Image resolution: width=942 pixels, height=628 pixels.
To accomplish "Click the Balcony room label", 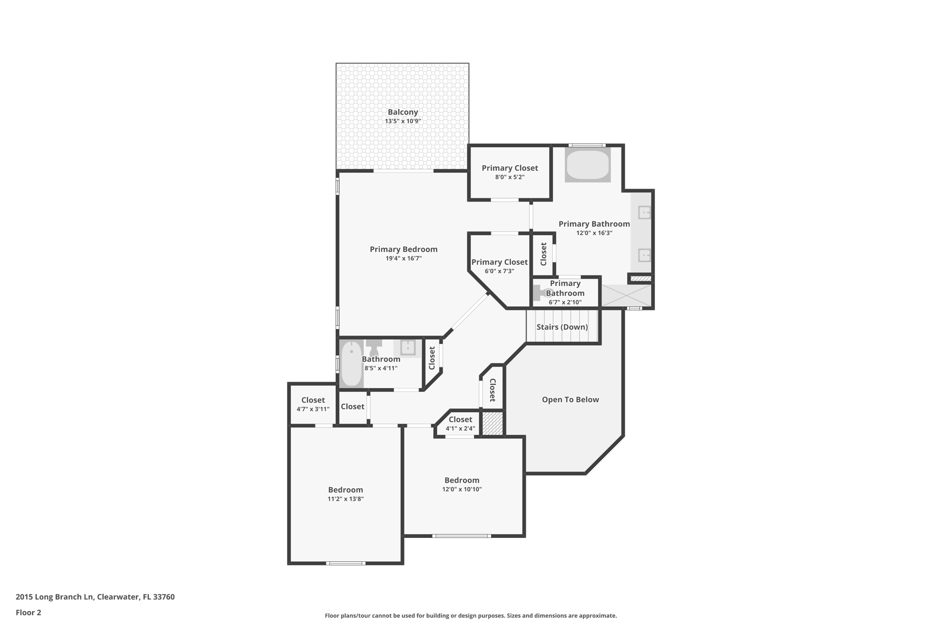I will click(x=402, y=112).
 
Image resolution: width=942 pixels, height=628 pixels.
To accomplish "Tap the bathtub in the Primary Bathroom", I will click(x=587, y=165).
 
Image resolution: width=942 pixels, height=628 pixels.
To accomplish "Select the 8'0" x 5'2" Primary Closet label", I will click(x=510, y=172).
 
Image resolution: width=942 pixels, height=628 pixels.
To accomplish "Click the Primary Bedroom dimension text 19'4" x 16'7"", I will click(x=403, y=259).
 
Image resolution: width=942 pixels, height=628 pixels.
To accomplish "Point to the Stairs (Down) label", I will click(x=562, y=327).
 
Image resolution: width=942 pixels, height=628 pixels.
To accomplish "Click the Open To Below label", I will click(x=570, y=400).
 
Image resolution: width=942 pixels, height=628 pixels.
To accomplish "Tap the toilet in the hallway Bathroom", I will click(x=373, y=347).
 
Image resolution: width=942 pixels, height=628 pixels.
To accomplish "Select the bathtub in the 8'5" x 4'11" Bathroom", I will click(x=351, y=363).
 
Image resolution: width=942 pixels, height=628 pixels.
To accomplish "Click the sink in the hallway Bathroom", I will click(x=408, y=347).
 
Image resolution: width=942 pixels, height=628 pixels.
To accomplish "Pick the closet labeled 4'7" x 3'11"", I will click(x=313, y=404).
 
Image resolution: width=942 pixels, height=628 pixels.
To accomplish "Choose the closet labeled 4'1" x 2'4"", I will click(x=460, y=424).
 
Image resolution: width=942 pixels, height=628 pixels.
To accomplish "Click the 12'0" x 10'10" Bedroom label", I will click(x=462, y=484).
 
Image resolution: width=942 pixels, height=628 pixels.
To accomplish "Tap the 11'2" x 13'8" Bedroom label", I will click(x=345, y=494).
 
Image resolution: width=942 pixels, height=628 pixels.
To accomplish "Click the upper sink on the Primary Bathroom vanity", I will click(x=644, y=213).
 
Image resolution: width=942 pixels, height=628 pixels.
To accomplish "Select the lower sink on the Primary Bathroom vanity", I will click(x=644, y=255).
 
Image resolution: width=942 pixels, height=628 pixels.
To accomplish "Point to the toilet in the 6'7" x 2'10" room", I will click(x=539, y=293).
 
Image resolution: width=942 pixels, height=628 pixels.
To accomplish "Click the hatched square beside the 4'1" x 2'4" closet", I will click(x=492, y=423).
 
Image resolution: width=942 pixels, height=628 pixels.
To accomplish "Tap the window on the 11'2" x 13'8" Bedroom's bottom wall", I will click(x=345, y=563).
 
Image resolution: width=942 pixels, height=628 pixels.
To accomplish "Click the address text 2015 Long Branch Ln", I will click(x=55, y=597).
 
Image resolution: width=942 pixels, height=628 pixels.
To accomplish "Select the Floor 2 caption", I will click(x=29, y=613).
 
